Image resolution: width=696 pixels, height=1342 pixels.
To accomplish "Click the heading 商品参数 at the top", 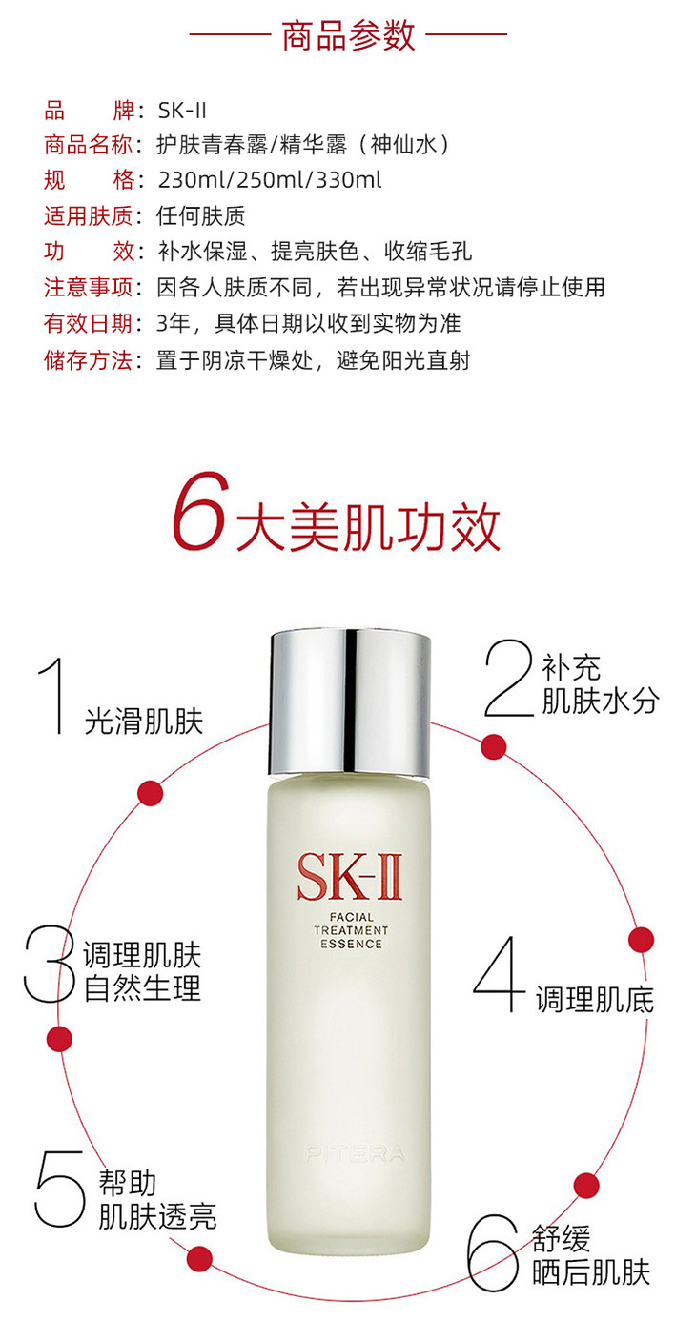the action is pyautogui.click(x=348, y=34).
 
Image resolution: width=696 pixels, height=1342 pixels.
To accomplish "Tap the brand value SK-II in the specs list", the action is pyautogui.click(x=182, y=111).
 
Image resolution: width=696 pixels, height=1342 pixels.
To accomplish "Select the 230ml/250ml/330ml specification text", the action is pyautogui.click(x=270, y=180).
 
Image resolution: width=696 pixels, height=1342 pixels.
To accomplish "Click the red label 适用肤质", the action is pyautogui.click(x=88, y=215).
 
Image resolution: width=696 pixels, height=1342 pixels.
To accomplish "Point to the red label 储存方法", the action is pyautogui.click(x=88, y=360).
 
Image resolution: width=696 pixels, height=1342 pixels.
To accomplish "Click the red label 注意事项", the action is pyautogui.click(x=88, y=288).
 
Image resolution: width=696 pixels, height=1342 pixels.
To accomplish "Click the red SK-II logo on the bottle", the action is pyautogui.click(x=349, y=878).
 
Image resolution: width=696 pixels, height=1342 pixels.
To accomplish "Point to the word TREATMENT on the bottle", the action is pyautogui.click(x=351, y=930).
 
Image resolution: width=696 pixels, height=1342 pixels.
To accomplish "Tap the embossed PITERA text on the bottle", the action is pyautogui.click(x=355, y=1154).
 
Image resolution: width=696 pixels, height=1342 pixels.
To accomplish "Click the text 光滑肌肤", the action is pyautogui.click(x=144, y=721).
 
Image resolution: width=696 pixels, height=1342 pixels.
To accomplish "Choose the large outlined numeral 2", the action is pyautogui.click(x=509, y=678).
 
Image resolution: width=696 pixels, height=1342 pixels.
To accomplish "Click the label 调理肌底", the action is pyautogui.click(x=595, y=1000).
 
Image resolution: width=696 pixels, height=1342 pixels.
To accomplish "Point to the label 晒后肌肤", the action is pyautogui.click(x=591, y=1273).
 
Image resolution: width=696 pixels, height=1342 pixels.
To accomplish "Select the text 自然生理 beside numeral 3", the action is pyautogui.click(x=142, y=989).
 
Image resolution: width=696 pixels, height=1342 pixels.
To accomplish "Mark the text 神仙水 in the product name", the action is pyautogui.click(x=403, y=144).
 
